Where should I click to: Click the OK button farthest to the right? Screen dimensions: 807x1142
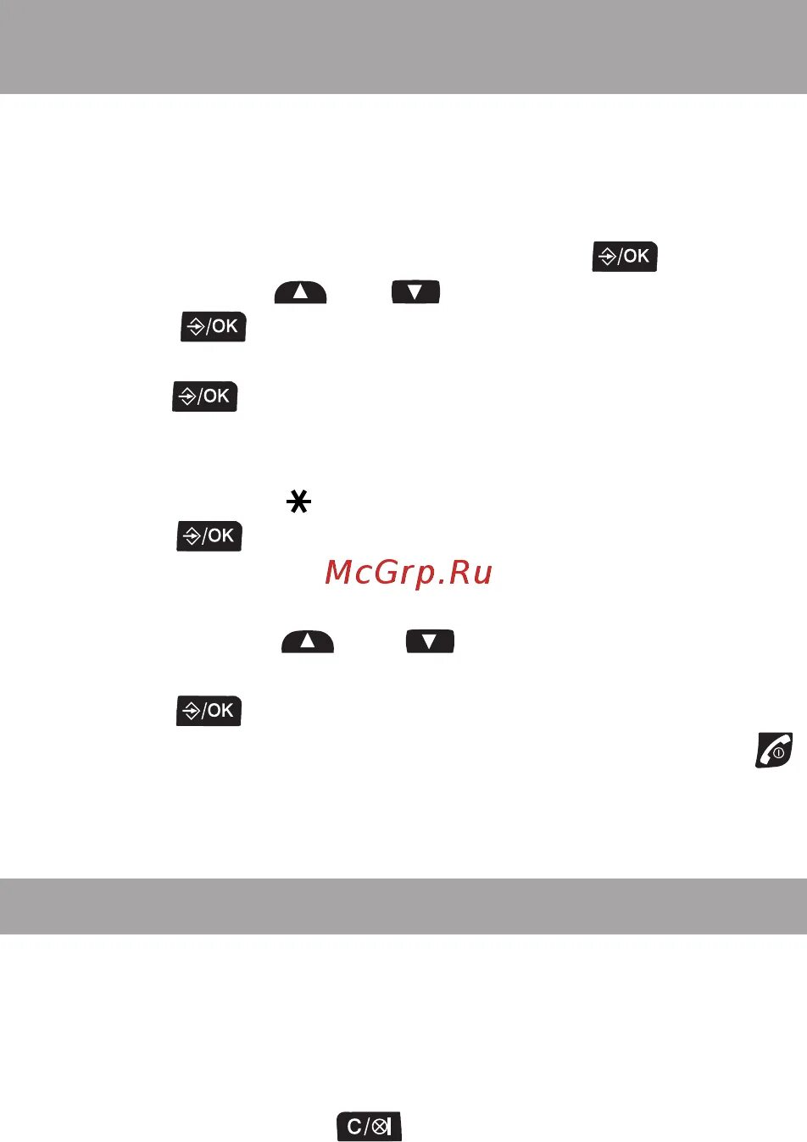pyautogui.click(x=625, y=256)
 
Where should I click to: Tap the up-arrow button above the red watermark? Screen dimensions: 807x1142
pyautogui.click(x=300, y=292)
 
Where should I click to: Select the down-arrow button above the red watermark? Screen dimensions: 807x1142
pyautogui.click(x=415, y=292)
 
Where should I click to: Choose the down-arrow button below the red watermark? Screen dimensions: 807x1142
pyautogui.click(x=430, y=641)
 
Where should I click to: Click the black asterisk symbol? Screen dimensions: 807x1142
pyautogui.click(x=298, y=504)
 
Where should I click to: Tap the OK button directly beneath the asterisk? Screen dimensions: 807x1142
pyautogui.click(x=209, y=536)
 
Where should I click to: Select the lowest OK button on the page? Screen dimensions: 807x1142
pyautogui.click(x=209, y=711)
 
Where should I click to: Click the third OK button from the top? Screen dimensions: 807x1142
pyautogui.click(x=205, y=396)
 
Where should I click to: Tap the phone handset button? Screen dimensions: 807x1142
pyautogui.click(x=774, y=751)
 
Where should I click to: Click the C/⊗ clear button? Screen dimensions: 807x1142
pyautogui.click(x=369, y=1127)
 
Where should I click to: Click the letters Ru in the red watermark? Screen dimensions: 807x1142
pyautogui.click(x=470, y=574)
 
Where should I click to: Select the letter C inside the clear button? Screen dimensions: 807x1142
pyautogui.click(x=354, y=1127)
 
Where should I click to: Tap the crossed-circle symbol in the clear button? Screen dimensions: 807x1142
pyautogui.click(x=380, y=1127)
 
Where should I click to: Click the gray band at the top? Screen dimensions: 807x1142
pyautogui.click(x=403, y=47)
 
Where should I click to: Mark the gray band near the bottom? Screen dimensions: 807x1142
pyautogui.click(x=403, y=906)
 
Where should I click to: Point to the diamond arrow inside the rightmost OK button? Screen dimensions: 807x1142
pyautogui.click(x=607, y=257)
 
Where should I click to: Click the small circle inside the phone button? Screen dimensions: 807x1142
pyautogui.click(x=778, y=752)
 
